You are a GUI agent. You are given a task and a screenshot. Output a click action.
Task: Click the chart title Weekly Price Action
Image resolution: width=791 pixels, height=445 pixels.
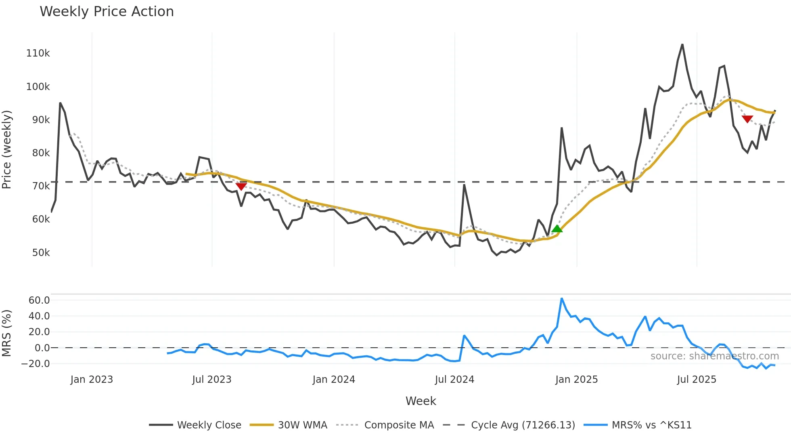click(x=107, y=12)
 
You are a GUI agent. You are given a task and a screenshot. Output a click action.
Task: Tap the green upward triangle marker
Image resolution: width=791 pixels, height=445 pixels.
click(x=557, y=229)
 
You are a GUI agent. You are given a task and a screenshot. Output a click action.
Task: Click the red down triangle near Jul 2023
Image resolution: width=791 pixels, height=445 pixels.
click(x=241, y=186)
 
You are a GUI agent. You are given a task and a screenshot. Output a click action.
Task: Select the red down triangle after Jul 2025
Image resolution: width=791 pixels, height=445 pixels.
click(x=747, y=119)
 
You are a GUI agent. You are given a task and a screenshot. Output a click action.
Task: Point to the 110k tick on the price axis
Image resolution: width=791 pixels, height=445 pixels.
click(x=38, y=53)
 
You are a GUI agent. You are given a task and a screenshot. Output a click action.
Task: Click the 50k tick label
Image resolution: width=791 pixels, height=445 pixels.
click(x=41, y=253)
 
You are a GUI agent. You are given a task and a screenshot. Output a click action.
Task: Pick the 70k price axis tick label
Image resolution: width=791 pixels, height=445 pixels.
click(x=41, y=186)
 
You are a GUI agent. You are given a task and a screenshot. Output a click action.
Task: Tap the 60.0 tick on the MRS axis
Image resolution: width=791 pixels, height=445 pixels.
click(x=39, y=300)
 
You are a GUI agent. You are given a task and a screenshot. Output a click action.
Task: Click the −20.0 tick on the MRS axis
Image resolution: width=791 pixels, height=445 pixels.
click(x=36, y=363)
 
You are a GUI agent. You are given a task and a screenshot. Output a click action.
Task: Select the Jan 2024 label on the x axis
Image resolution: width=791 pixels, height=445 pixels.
click(x=334, y=380)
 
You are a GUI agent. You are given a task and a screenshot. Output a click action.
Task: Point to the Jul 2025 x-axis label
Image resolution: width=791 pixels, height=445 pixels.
click(x=697, y=380)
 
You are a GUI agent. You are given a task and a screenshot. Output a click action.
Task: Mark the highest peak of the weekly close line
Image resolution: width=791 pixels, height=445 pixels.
click(x=682, y=44)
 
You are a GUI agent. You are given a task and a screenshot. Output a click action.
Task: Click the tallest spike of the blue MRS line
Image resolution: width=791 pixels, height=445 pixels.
click(x=561, y=298)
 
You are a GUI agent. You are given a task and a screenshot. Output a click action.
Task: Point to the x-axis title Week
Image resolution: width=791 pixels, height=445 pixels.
click(x=421, y=401)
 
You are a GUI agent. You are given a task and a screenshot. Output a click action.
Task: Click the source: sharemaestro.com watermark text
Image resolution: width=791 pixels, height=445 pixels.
click(x=714, y=356)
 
